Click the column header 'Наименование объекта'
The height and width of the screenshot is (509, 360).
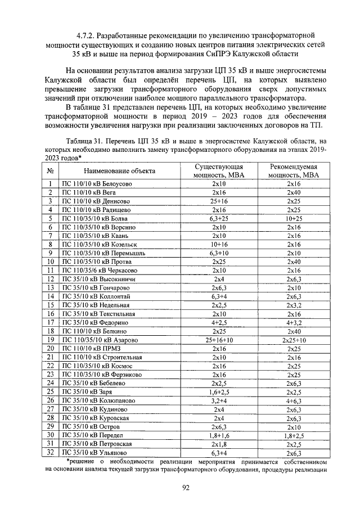click(119, 170)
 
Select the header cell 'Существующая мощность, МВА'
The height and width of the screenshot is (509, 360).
click(218, 171)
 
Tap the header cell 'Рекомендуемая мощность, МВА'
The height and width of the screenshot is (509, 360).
click(293, 171)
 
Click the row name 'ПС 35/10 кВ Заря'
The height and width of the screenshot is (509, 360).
click(86, 407)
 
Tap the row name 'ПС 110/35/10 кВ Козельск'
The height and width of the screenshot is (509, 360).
click(100, 244)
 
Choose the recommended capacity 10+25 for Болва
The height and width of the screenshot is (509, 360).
click(293, 218)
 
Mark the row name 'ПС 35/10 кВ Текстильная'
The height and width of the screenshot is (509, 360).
click(97, 313)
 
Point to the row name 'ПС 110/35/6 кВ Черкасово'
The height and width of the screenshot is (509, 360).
click(100, 270)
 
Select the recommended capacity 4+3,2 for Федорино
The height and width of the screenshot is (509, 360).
click(293, 322)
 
